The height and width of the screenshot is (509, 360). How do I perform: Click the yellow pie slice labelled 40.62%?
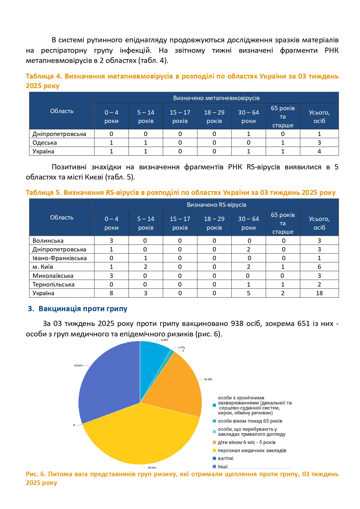pos(139,435)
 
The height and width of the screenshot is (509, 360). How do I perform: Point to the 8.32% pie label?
pos(164,340)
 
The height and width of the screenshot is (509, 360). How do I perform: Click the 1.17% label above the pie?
pos(182,347)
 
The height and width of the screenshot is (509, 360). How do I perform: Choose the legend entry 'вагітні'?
pos(225,458)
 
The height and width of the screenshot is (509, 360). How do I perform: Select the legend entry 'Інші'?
pos(222,466)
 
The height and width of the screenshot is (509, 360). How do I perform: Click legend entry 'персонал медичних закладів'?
pos(252,450)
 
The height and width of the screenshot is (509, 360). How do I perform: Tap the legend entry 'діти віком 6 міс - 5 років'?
pos(247,442)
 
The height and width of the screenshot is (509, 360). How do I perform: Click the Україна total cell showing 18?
pos(319,293)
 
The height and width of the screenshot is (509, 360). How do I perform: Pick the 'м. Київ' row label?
pos(43,267)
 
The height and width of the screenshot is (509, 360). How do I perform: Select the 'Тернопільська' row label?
pos(53,285)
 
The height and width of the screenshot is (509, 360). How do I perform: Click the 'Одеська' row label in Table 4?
pos(45,143)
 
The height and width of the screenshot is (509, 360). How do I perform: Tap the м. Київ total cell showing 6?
pos(319,267)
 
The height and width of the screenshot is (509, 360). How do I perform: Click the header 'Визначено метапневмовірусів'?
pos(216,98)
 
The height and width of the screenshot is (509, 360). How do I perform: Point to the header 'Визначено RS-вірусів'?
pos(216,205)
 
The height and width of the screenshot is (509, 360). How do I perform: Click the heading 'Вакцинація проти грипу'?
pos(83,309)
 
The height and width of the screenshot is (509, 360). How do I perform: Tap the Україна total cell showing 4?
pos(319,151)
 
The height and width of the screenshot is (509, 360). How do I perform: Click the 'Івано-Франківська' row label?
pos(59,258)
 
